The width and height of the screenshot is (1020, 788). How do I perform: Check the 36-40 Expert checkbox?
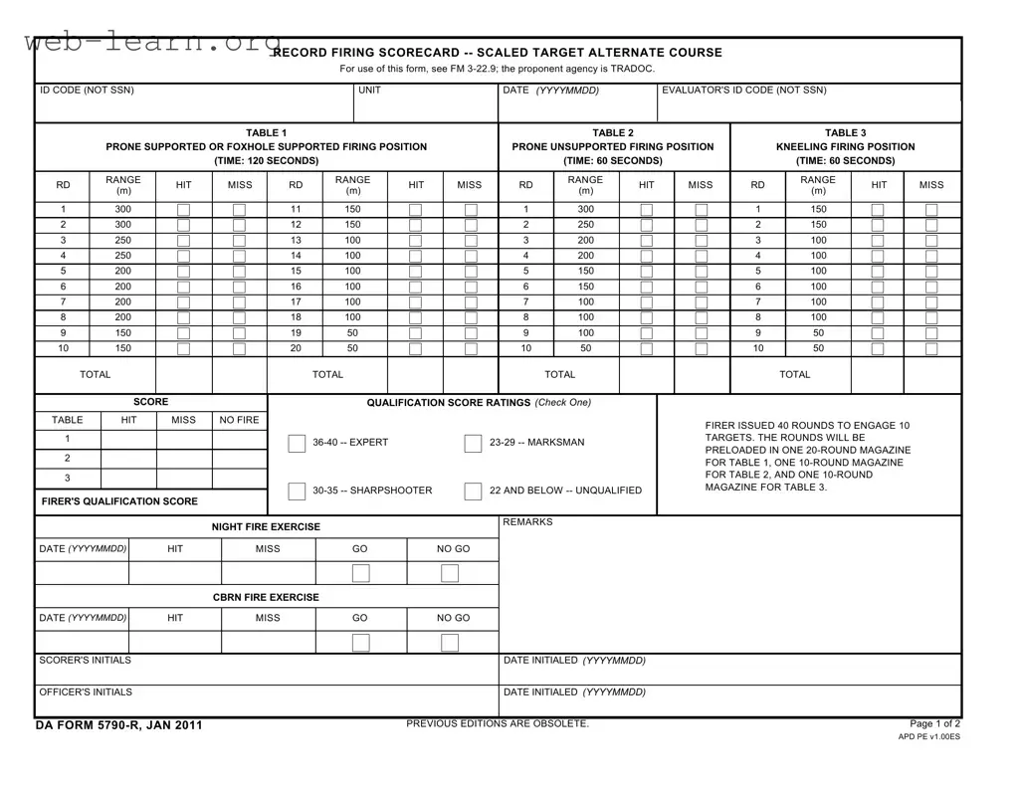297,444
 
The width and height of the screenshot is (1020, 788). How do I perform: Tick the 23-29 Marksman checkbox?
473,444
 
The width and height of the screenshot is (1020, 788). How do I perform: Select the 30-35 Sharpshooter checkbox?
297,492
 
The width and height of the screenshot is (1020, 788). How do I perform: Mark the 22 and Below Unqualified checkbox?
473,492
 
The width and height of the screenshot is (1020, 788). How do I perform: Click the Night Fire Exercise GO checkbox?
360,573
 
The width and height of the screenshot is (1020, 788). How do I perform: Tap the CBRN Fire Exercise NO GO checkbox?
450,643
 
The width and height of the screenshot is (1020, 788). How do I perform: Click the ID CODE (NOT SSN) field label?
87,91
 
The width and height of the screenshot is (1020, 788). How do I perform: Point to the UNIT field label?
369,91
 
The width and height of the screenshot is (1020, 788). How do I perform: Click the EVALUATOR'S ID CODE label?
743,91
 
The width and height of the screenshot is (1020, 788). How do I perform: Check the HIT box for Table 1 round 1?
183,210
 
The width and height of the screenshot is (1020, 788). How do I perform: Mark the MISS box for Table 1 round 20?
471,349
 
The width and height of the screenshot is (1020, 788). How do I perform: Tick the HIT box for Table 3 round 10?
877,349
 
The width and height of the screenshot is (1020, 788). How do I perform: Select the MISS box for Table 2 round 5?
701,272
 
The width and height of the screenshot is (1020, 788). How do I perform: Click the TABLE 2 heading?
612,132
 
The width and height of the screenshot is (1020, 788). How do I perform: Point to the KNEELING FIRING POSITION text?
845,147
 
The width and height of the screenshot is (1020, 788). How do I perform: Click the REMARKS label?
527,522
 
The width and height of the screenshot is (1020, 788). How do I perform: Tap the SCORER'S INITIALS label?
85,661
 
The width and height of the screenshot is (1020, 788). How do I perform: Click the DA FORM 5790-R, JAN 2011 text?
118,725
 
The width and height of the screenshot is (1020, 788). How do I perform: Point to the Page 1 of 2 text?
934,723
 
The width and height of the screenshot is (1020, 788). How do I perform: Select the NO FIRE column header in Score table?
239,420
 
